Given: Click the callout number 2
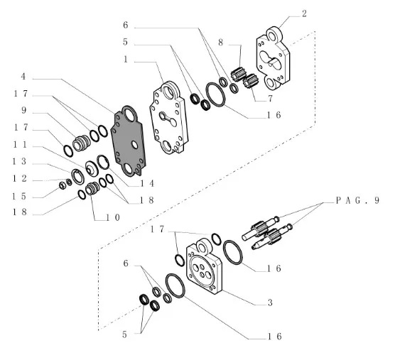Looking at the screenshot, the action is point(304,14).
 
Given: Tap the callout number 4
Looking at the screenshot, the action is point(23,77).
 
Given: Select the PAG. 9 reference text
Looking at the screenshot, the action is point(358,200).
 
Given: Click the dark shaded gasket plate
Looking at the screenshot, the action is point(128,141).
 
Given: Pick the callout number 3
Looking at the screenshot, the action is point(270,302).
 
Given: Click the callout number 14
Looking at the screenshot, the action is point(147,183).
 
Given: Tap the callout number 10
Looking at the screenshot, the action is point(113,217).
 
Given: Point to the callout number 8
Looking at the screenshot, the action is point(221,43).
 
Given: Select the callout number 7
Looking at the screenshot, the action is point(270,99).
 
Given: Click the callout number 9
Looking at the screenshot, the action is point(23,110).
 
